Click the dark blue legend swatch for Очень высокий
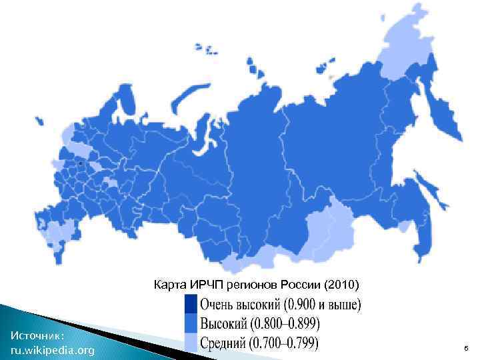coord(192,306)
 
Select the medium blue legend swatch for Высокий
coord(192,325)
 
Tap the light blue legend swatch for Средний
coord(192,343)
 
